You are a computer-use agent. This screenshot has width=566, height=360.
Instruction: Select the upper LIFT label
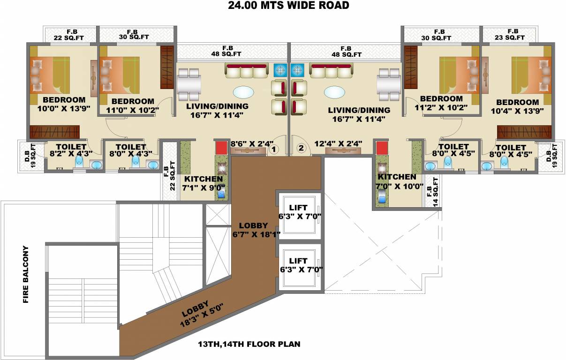pos(298,211)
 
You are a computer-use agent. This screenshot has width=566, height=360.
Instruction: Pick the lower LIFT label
pos(298,265)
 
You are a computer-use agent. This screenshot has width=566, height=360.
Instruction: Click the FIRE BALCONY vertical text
pos(26,274)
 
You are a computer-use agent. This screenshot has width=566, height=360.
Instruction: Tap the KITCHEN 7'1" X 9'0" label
pos(203,183)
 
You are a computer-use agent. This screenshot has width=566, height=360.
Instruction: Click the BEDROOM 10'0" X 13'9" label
pos(64,104)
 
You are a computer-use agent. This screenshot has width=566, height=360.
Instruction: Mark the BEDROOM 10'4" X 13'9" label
pos(518,106)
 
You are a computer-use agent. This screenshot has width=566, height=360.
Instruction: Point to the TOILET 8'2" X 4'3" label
pos(71,150)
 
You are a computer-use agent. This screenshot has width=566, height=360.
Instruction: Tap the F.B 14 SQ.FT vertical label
pos(432,192)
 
